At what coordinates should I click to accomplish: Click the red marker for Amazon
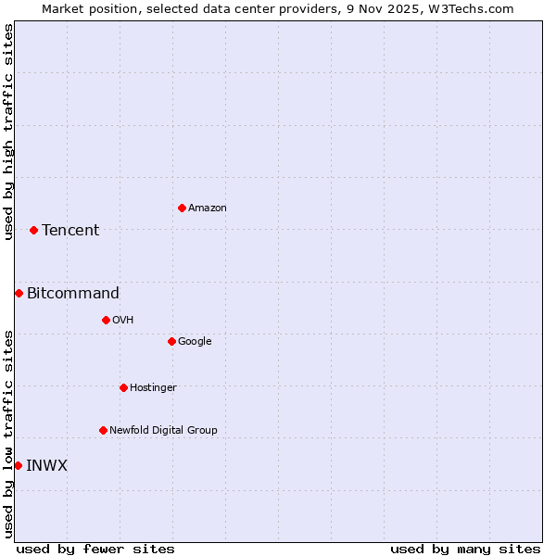click(182, 208)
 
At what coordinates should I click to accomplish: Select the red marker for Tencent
click(33, 230)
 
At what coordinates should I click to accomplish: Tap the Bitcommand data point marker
click(19, 293)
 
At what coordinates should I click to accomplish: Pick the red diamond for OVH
click(106, 320)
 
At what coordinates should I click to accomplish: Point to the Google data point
click(171, 341)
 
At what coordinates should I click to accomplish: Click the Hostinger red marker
click(123, 387)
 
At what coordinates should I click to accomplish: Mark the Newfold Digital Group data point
click(103, 430)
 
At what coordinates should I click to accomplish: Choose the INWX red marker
click(18, 465)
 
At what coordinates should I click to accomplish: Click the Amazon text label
click(208, 208)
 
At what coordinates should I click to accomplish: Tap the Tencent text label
click(70, 230)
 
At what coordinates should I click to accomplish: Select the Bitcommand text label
click(73, 293)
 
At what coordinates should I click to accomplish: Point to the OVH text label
click(123, 320)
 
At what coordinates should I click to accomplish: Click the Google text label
click(195, 341)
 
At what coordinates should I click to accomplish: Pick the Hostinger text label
click(153, 387)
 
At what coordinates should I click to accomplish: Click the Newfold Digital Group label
click(163, 430)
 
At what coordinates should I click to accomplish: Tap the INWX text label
click(46, 465)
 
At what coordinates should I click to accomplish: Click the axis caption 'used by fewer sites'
click(95, 549)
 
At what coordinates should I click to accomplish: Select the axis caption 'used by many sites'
click(465, 549)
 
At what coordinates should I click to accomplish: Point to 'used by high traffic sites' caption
click(8, 132)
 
